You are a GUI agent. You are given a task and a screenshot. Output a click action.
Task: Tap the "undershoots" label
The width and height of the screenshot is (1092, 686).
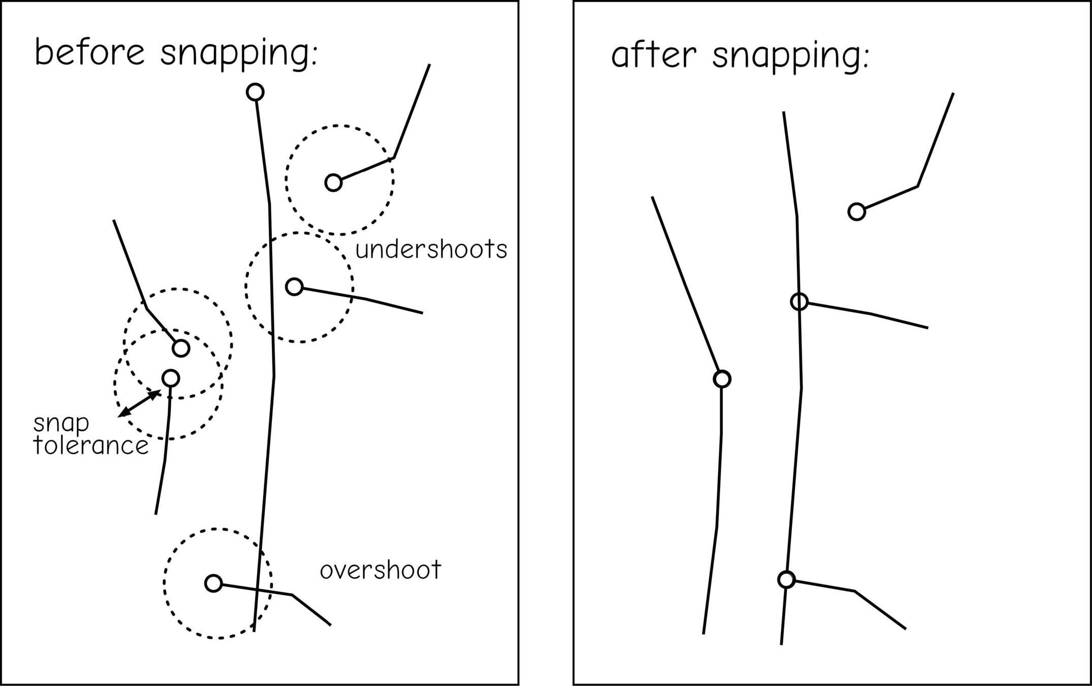(431, 250)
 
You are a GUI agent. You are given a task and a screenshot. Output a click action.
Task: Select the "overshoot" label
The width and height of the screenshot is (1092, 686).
(380, 570)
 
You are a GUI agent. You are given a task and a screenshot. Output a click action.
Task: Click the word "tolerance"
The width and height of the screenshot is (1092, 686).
(90, 446)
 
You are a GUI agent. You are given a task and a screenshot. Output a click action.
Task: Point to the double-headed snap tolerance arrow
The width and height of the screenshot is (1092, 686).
(139, 403)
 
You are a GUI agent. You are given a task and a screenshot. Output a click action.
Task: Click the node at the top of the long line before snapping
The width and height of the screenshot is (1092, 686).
(255, 92)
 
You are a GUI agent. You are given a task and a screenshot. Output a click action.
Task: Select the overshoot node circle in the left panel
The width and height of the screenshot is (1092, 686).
(213, 583)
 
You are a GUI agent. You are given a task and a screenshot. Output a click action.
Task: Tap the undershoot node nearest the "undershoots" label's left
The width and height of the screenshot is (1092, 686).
(294, 287)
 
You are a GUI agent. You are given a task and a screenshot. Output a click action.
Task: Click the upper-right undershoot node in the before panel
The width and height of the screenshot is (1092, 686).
(333, 182)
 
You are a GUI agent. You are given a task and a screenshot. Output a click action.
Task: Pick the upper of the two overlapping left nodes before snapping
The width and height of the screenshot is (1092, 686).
(181, 348)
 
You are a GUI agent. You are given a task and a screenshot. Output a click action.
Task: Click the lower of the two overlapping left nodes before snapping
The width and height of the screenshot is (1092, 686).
(171, 378)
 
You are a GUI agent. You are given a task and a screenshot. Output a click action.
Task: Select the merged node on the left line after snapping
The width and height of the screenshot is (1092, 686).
(722, 379)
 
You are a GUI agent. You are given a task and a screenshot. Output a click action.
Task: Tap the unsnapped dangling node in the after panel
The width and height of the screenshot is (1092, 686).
(857, 211)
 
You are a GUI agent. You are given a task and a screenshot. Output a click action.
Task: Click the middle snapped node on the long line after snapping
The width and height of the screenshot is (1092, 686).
(799, 301)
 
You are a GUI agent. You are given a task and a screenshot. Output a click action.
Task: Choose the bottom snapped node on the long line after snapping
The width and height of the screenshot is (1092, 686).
(786, 579)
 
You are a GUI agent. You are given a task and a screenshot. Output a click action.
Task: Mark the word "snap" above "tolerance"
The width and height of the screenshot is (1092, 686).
(61, 423)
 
